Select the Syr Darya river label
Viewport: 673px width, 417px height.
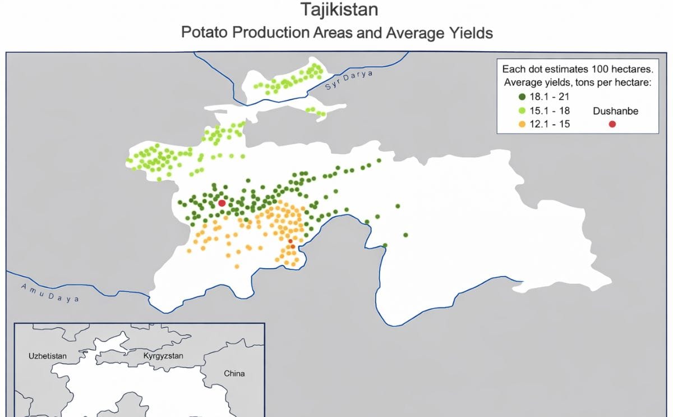point(348,81)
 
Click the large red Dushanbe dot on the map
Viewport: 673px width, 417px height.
point(222,203)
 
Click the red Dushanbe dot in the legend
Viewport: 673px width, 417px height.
point(612,124)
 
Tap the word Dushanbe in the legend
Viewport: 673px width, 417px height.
point(615,111)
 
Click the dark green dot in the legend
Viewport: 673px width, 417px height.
point(522,97)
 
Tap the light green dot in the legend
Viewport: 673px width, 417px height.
point(522,111)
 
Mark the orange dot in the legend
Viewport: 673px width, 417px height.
point(522,124)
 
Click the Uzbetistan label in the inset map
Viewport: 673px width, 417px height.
point(47,356)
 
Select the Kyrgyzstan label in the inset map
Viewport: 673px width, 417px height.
point(163,356)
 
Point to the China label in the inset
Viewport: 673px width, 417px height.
point(234,373)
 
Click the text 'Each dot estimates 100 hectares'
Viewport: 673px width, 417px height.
point(577,70)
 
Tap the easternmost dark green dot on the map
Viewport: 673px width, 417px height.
point(405,235)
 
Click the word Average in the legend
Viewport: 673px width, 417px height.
point(523,83)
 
